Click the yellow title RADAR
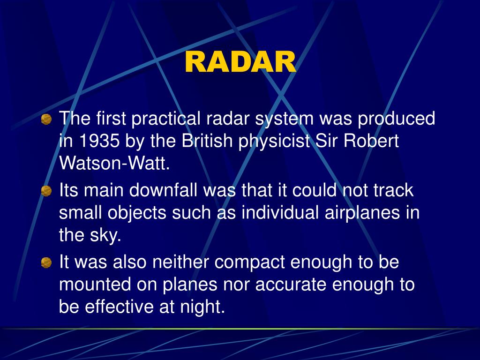coord(240,62)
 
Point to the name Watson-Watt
coord(114,163)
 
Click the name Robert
coord(371,141)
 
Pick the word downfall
coord(163,190)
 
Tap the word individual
coord(280,212)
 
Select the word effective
coord(119,307)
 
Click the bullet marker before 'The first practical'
coord(46,119)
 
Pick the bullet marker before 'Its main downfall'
coord(46,191)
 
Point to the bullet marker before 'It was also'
coord(46,262)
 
